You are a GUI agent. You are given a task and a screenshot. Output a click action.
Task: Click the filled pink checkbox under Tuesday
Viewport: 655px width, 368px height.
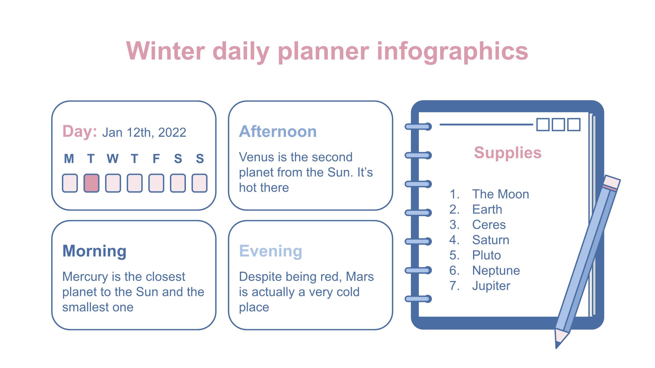(x=91, y=183)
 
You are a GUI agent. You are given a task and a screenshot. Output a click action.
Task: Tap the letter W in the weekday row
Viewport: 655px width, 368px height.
(x=113, y=159)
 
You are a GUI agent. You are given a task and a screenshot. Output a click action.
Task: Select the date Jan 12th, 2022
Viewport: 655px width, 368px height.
(x=144, y=133)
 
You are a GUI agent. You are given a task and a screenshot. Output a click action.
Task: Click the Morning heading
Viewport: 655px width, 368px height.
(x=94, y=251)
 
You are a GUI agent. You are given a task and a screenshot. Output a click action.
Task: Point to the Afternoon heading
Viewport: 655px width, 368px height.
(x=278, y=131)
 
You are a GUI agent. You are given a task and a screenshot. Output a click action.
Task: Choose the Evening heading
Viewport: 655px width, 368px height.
(x=270, y=251)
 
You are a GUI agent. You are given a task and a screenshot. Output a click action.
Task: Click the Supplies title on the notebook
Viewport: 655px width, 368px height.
(x=508, y=153)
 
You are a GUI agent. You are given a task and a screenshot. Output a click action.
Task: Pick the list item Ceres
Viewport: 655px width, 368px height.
(x=489, y=225)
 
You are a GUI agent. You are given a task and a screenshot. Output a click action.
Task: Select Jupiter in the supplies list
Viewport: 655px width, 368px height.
(x=491, y=286)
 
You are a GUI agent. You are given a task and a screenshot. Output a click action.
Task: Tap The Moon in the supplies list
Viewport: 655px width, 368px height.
(x=501, y=194)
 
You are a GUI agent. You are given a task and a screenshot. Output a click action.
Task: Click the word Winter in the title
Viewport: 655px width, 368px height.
(x=166, y=51)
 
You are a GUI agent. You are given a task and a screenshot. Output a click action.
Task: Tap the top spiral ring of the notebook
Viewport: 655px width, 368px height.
(x=418, y=127)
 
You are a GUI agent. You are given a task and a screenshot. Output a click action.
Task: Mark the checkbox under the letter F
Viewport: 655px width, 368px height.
(x=156, y=183)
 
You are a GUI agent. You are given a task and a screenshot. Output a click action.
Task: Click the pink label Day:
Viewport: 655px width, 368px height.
(x=80, y=131)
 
